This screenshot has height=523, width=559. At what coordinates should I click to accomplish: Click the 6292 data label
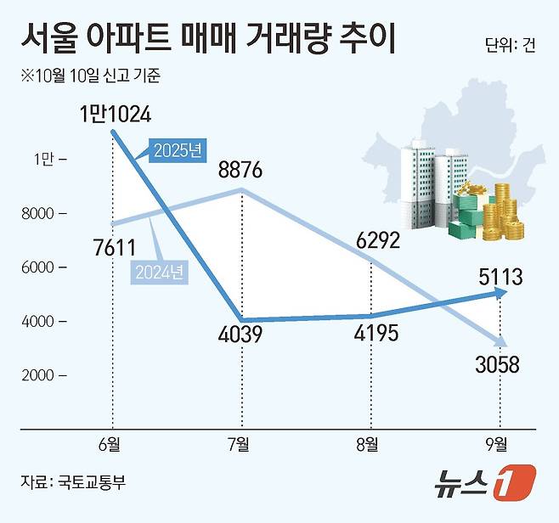coord(370,243)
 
